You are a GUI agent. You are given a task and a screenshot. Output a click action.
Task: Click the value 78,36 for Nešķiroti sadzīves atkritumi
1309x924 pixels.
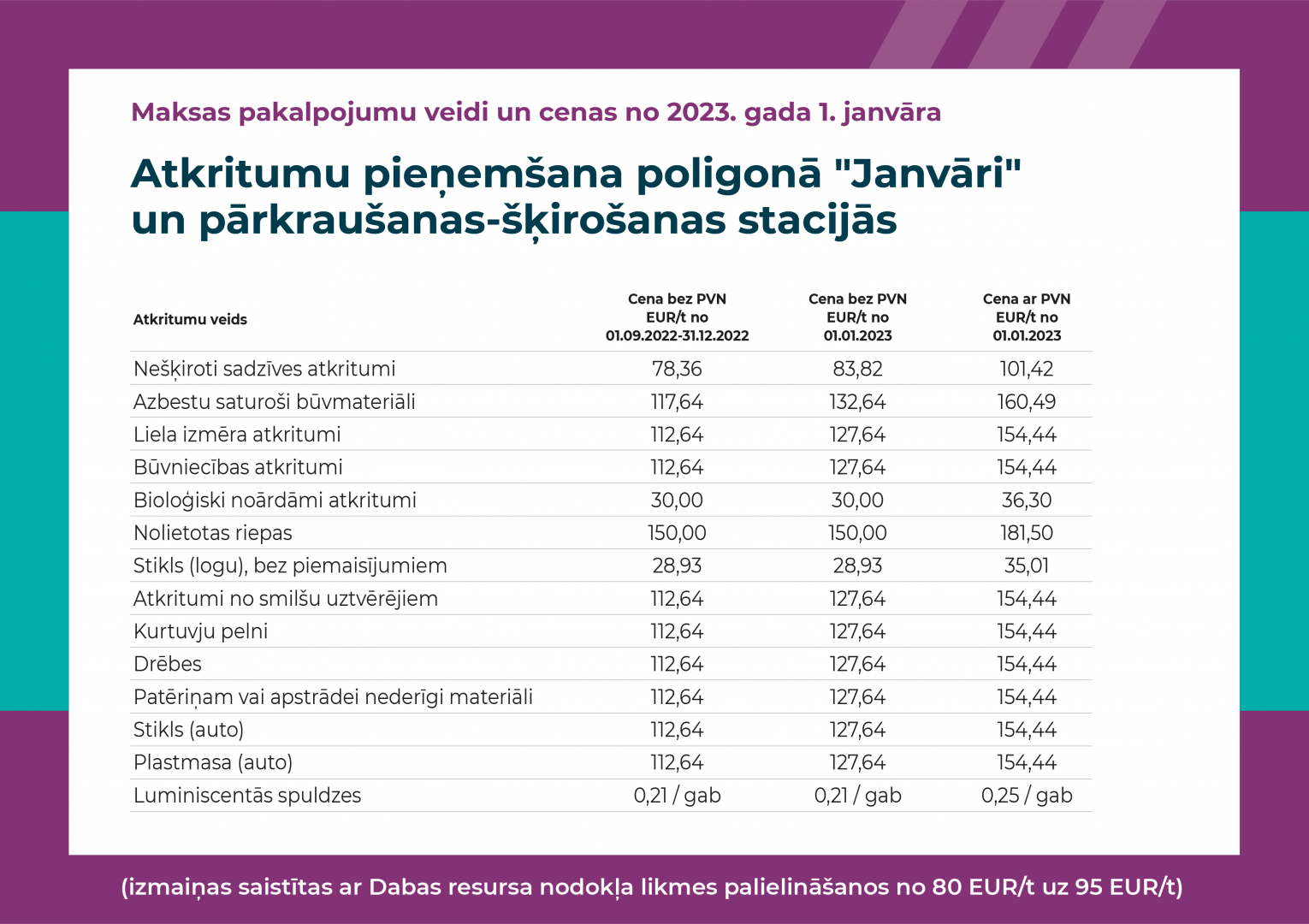tap(677, 369)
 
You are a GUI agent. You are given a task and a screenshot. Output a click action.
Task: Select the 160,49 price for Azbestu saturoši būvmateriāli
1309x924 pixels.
tap(1027, 401)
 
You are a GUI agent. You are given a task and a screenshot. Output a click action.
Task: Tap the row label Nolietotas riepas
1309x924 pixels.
tap(213, 533)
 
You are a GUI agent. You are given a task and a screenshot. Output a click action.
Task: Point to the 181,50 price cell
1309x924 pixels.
tap(1027, 533)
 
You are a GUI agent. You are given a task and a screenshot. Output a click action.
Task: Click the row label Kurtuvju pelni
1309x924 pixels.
tap(200, 631)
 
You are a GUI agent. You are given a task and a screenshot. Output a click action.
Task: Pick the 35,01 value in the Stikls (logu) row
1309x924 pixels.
tap(1027, 566)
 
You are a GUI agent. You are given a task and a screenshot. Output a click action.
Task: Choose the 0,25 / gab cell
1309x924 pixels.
tap(1027, 796)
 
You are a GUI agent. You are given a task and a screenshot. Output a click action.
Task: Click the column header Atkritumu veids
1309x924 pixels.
tap(190, 319)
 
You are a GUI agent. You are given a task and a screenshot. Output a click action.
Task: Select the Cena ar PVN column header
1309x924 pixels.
tap(1027, 317)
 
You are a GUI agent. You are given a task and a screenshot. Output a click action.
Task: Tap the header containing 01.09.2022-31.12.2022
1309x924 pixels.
tap(677, 317)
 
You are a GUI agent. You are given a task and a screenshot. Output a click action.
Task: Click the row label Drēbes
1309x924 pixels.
tap(167, 664)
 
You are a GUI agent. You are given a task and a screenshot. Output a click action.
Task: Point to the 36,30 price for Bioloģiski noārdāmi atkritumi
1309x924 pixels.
tap(1027, 500)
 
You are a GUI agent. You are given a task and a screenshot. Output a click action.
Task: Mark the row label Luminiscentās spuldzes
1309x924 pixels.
tap(247, 796)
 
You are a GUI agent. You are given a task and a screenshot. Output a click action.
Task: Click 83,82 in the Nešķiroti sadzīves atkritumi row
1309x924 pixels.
tap(857, 369)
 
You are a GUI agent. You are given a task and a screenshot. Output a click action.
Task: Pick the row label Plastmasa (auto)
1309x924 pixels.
tap(213, 762)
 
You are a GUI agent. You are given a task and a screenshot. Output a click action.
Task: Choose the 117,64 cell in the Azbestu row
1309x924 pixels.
tap(677, 401)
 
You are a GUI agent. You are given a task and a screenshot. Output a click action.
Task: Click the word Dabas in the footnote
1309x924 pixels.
tap(405, 886)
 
